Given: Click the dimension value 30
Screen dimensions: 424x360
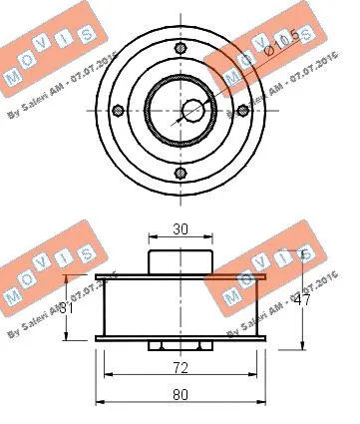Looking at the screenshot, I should (x=180, y=228).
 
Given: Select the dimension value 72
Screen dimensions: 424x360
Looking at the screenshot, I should (x=180, y=365).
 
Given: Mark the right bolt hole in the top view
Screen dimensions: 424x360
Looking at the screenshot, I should (x=242, y=112).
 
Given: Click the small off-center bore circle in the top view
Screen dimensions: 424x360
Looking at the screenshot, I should (x=190, y=106).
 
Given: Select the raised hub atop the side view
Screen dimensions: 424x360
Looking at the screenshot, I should (x=180, y=261).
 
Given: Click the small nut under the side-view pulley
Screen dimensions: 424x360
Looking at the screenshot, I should (x=180, y=346).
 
